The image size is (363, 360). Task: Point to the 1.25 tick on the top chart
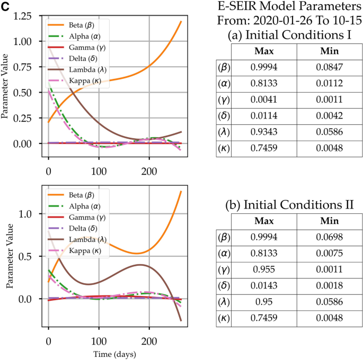30,16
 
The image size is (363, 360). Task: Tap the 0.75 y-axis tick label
30,67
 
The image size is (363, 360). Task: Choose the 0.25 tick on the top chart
30,118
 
